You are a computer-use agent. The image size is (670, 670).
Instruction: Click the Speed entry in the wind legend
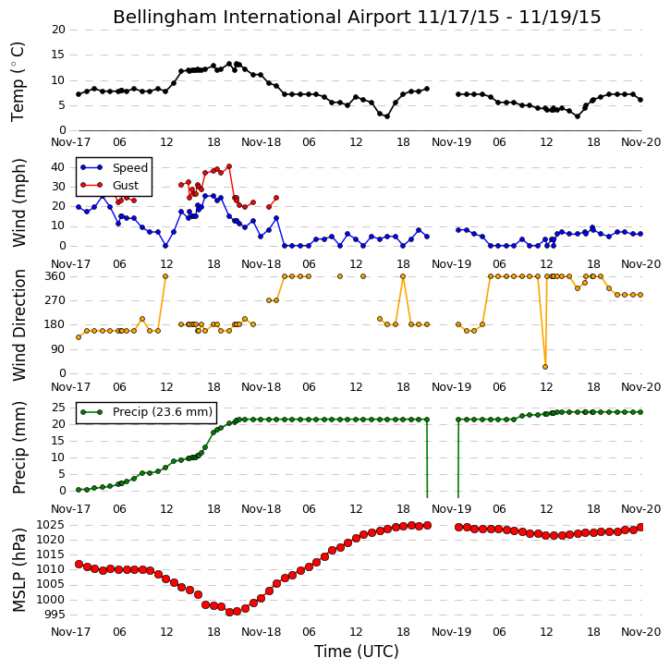tap(130, 168)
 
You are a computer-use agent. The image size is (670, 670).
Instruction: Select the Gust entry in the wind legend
tap(126, 186)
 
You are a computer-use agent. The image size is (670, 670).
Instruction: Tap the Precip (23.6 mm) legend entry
tap(163, 412)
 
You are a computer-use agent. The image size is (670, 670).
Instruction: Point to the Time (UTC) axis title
tap(357, 652)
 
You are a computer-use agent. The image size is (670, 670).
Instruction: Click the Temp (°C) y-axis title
tap(18, 82)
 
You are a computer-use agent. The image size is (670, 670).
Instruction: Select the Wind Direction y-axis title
tap(18, 324)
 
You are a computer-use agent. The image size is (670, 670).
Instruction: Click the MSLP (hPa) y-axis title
tap(18, 570)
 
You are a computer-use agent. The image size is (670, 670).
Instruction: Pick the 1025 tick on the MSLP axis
tap(52, 525)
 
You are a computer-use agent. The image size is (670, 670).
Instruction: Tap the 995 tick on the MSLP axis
tap(55, 615)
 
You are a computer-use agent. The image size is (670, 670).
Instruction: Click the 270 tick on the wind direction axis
tap(55, 300)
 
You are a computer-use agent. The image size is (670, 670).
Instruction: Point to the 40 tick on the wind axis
tap(58, 167)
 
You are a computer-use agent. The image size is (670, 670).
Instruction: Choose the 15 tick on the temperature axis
tap(58, 55)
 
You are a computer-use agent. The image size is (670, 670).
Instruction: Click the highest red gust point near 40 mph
tap(229, 166)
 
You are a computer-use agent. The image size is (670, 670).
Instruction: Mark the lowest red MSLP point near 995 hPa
tap(229, 612)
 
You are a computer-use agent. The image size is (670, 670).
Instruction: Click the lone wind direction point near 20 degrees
tap(545, 367)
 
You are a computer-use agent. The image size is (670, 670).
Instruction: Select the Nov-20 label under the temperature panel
tap(641, 142)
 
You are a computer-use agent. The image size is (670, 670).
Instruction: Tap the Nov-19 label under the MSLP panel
tap(451, 632)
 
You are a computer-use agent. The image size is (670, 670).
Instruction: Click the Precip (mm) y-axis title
tap(18, 448)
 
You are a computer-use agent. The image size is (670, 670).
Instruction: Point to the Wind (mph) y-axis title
tap(18, 203)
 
